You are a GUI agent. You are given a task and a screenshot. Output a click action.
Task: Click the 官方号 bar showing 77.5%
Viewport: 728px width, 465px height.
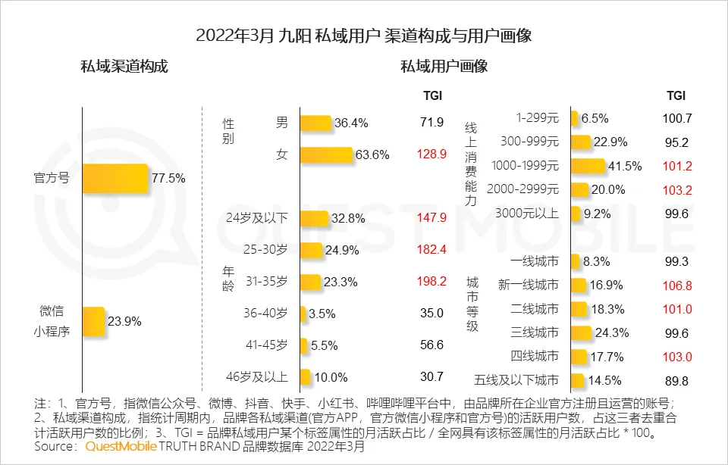point(115,179)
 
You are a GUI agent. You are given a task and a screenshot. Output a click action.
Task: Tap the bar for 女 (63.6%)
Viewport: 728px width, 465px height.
point(326,154)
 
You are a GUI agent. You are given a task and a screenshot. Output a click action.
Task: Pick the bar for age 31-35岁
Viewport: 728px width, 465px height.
point(310,282)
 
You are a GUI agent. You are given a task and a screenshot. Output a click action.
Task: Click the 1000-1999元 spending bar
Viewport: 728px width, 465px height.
point(588,166)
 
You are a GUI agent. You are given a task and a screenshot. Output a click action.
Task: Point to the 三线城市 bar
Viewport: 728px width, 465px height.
point(581,332)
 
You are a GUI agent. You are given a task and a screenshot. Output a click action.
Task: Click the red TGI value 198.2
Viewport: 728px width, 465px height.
point(431,282)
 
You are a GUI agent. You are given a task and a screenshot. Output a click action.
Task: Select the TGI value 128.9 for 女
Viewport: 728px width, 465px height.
point(431,154)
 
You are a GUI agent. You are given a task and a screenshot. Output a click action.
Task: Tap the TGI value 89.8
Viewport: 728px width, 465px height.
point(676,380)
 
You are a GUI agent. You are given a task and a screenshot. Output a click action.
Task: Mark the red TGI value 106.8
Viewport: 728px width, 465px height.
point(676,286)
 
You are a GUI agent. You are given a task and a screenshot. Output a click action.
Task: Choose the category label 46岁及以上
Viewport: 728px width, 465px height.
point(257,377)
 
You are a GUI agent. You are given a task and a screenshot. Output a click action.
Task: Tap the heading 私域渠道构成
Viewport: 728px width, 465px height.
point(124,67)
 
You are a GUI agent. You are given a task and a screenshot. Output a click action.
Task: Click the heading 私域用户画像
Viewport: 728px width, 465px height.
point(444,67)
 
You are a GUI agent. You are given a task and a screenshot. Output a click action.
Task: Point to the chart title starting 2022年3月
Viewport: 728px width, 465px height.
point(363,36)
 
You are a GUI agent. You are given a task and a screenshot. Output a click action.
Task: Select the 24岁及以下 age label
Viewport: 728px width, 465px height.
point(257,218)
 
